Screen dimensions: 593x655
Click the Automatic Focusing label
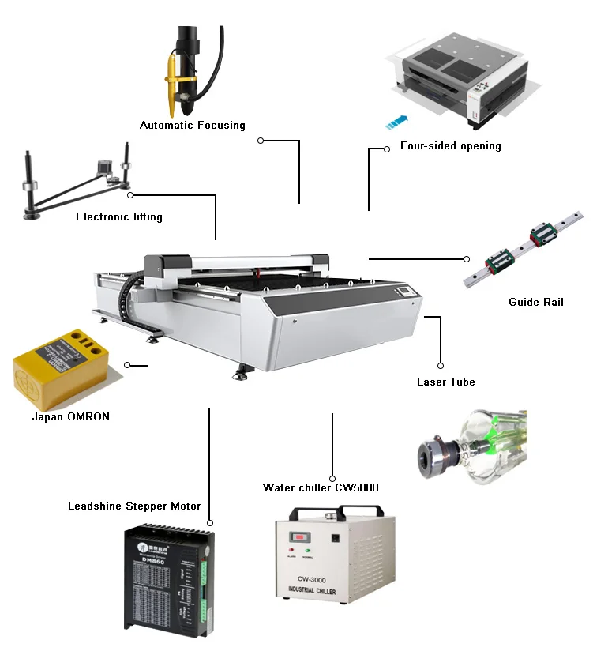tap(192, 126)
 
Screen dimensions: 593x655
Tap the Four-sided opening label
tap(450, 146)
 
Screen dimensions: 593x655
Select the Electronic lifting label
tap(118, 216)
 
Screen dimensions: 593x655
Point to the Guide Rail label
tap(536, 302)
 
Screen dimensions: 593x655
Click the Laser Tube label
tap(445, 382)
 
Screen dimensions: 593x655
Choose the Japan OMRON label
tap(70, 416)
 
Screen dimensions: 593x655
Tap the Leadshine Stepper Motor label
tap(134, 506)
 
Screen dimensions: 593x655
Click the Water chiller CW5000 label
tap(320, 487)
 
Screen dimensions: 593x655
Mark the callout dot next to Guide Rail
tap(467, 258)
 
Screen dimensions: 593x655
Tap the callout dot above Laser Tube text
tap(441, 366)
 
